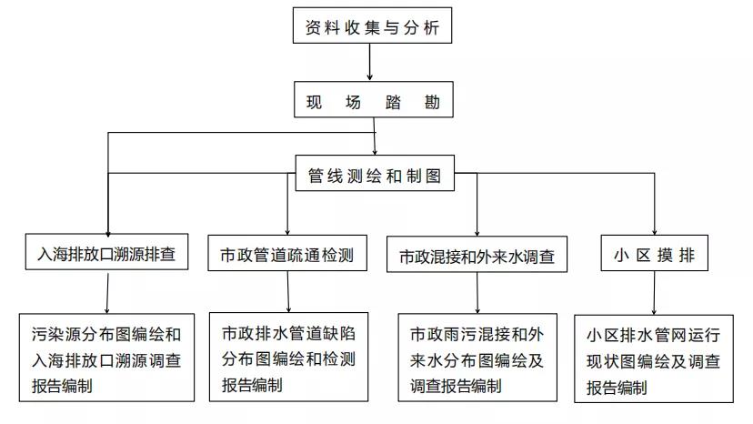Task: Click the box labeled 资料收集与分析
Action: click(x=372, y=25)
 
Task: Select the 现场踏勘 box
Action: click(x=374, y=99)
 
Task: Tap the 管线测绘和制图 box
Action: click(x=375, y=173)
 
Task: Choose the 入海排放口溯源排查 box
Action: click(x=106, y=252)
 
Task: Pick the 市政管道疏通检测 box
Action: click(x=287, y=253)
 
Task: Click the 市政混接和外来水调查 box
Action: click(x=477, y=254)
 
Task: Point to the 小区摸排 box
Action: click(x=655, y=253)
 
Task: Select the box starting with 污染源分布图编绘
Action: click(x=106, y=358)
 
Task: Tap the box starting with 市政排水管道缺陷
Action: click(x=288, y=358)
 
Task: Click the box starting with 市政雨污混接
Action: click(x=477, y=358)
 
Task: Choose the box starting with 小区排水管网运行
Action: click(x=654, y=358)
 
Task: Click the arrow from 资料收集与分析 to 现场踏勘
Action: click(x=370, y=62)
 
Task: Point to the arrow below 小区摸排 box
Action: click(x=654, y=293)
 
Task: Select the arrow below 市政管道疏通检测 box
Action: click(x=288, y=292)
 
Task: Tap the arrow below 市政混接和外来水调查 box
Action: click(x=477, y=293)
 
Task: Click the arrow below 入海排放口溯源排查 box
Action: click(x=107, y=293)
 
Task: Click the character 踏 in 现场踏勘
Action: click(x=392, y=102)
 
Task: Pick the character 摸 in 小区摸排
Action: click(x=665, y=255)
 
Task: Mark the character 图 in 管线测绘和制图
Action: click(x=433, y=176)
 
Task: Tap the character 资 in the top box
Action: click(x=313, y=27)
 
